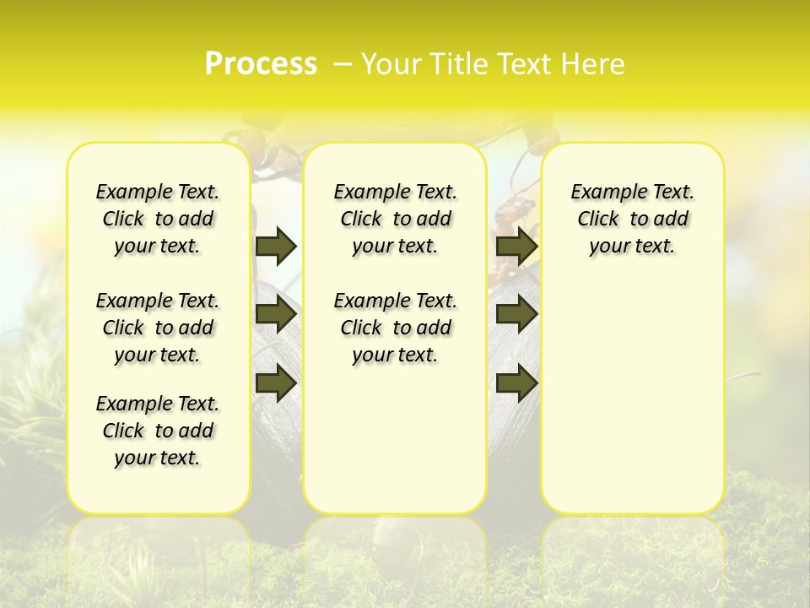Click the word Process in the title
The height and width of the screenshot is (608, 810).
coord(261,63)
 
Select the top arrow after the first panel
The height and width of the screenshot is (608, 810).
coord(276,246)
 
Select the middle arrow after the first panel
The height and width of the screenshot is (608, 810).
coord(276,315)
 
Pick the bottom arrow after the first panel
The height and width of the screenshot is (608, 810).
coord(276,383)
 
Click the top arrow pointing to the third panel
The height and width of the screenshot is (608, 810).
coord(516,246)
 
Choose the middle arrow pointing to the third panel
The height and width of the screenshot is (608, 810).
coord(516,315)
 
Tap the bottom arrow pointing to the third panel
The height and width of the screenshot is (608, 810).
coord(516,383)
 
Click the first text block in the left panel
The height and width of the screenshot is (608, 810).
coord(158,219)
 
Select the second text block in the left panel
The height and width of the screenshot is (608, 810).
coord(158,328)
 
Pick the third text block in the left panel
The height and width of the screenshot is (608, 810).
coord(158,431)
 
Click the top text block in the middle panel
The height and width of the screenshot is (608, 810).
coord(395,219)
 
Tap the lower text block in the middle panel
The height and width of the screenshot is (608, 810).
coord(395,328)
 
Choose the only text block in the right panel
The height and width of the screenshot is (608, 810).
coord(632,219)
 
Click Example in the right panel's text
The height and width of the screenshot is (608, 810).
coord(602,193)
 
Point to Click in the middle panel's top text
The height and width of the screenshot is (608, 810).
coord(361,220)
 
